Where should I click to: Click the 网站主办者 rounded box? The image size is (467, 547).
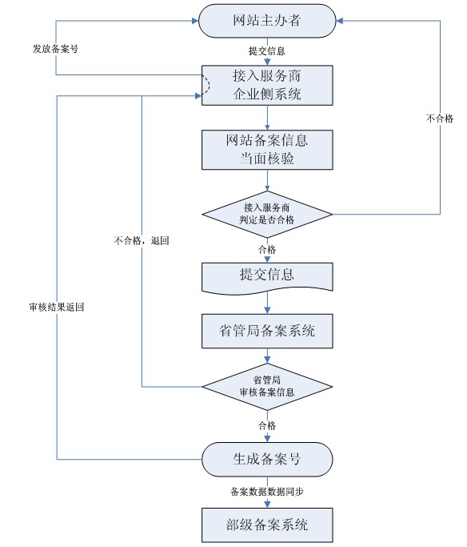pos(267,21)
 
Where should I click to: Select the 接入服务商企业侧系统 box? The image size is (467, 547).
pos(267,85)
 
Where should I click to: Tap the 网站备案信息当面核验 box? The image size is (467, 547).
pos(267,150)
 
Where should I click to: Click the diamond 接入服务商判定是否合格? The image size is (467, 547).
pos(267,214)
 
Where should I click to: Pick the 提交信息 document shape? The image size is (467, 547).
pos(267,278)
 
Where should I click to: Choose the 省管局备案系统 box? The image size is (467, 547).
pos(267,331)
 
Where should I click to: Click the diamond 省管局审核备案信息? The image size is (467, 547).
pos(267,387)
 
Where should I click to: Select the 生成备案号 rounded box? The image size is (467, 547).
pos(267,460)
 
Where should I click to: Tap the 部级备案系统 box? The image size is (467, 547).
pos(267,525)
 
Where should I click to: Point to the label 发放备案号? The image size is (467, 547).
pos(55,49)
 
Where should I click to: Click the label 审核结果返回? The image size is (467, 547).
pos(57,307)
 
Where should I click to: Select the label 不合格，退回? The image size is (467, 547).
pos(142,240)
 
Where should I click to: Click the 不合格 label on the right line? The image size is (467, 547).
pos(440,119)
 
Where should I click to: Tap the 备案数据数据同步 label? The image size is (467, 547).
pos(267,492)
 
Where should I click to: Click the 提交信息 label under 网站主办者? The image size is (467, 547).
pos(267,51)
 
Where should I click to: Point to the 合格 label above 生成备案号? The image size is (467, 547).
pos(267,425)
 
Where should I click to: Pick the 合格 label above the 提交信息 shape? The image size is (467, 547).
pos(267,249)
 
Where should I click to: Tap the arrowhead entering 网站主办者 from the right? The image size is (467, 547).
pos(340,21)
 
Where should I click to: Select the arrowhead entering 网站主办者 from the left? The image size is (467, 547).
pos(195,21)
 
